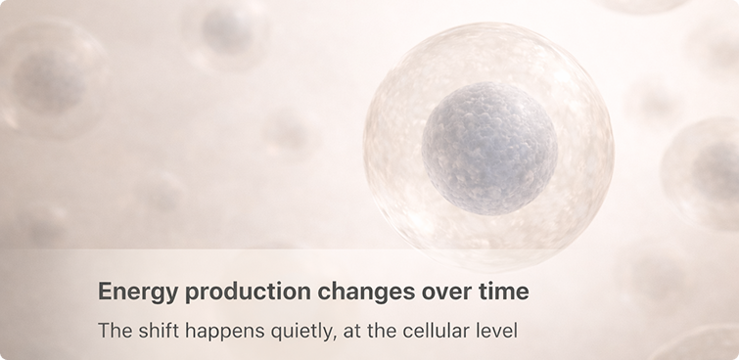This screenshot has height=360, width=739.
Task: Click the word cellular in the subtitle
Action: coord(437,331)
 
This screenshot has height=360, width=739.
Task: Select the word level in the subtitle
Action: coord(497,331)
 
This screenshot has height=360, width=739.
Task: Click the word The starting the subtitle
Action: coord(115,331)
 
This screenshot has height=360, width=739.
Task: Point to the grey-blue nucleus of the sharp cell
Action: coord(489,149)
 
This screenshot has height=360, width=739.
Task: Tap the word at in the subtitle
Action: coord(350,331)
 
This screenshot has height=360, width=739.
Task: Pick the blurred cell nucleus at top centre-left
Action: coord(225,29)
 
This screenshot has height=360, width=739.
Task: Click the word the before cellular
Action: coord(380,331)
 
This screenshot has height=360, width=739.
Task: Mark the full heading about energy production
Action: coord(313,292)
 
